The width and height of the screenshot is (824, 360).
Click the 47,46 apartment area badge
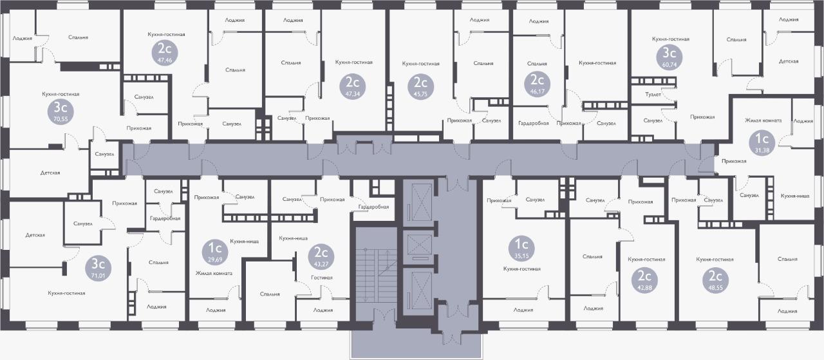pos(164,53)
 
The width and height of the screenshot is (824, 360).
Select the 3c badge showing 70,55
pos(61,112)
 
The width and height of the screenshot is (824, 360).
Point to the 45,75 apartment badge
pos(420,87)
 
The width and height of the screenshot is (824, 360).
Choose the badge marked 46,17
pos(537,84)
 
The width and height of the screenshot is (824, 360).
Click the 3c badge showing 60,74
pos(669,58)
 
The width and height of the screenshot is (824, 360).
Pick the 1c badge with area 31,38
pos(762,143)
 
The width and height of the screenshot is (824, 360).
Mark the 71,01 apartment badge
pos(98,269)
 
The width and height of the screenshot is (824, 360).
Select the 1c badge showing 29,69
pos(215,252)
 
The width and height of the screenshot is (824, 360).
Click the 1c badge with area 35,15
pos(521,249)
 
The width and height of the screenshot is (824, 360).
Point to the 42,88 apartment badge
pos(644,281)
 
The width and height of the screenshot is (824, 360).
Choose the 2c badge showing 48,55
pos(715,281)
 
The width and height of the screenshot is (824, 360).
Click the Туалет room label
pos(653,95)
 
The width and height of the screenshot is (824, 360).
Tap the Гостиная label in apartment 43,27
pos(321,278)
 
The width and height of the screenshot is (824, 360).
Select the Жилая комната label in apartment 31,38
pos(763,120)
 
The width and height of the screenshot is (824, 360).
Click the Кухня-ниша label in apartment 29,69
pos(244,242)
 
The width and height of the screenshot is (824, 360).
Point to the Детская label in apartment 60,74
pos(789,61)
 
